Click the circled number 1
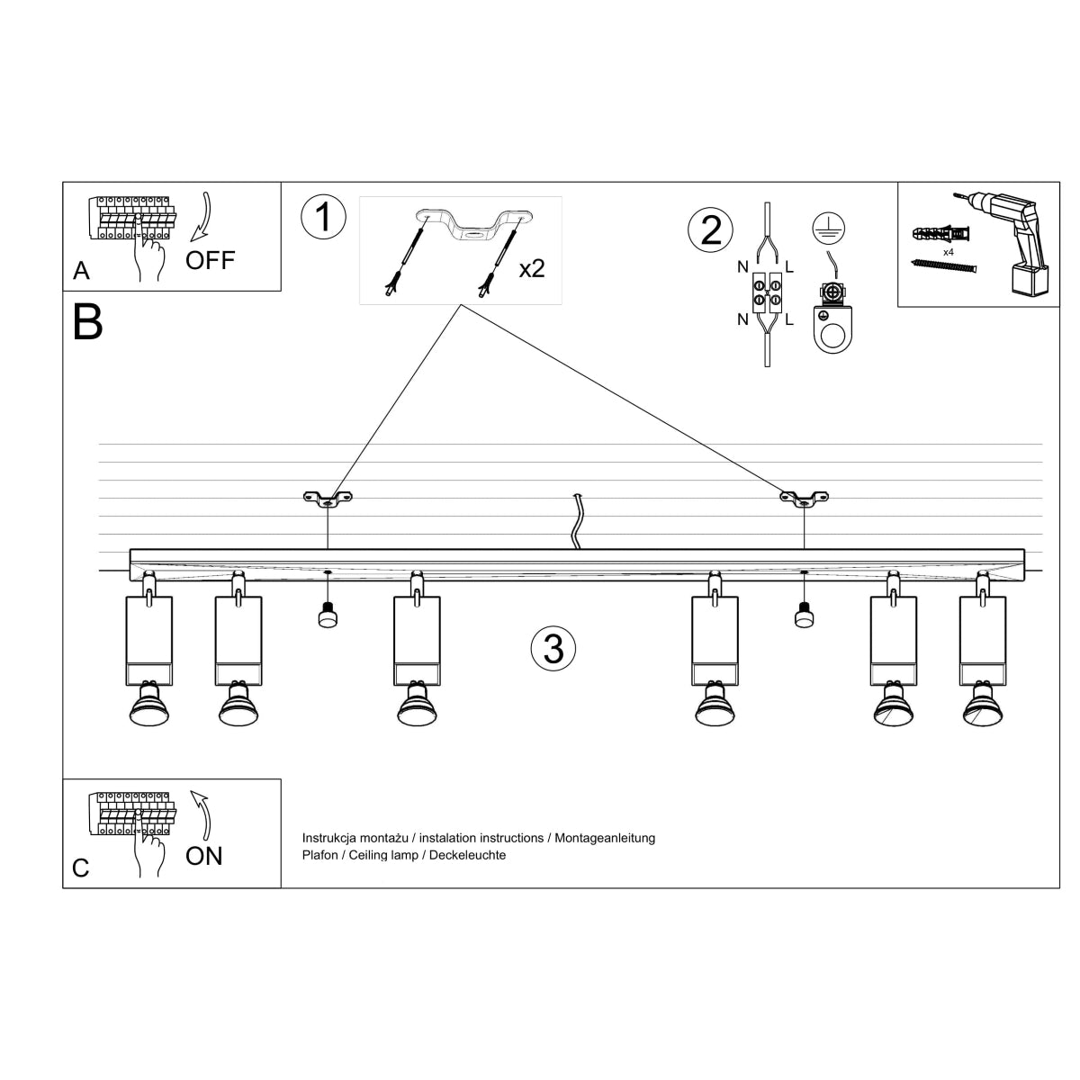[x=323, y=218]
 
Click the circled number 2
[x=711, y=229]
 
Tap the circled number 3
[x=553, y=648]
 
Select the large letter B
[x=87, y=322]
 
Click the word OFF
[x=210, y=261]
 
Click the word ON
[x=204, y=856]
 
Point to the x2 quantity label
[x=532, y=268]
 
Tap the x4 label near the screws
[x=949, y=253]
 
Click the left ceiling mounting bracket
[x=328, y=497]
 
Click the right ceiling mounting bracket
[x=804, y=497]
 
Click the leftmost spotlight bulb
[x=148, y=706]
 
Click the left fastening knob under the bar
[x=328, y=616]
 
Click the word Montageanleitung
[x=605, y=838]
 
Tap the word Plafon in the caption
[x=320, y=855]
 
